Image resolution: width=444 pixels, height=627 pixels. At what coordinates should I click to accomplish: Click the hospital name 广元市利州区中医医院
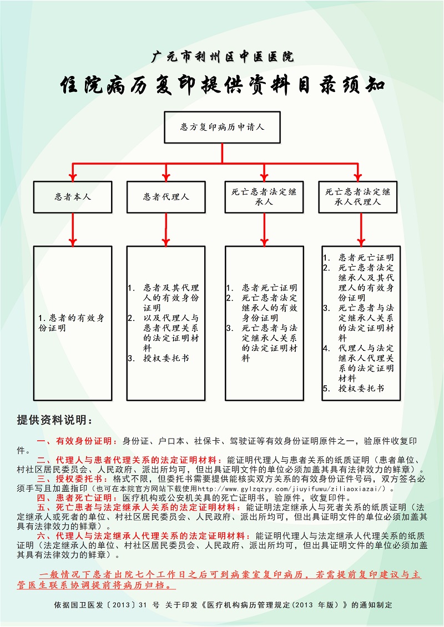click(223, 57)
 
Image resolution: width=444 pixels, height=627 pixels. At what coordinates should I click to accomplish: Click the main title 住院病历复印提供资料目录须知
click(223, 85)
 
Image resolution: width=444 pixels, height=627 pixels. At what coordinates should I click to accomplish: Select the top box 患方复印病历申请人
click(222, 127)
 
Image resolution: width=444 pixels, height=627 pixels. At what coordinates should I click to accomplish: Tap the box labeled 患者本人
click(73, 197)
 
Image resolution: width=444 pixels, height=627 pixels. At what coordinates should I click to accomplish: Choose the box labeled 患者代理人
click(166, 197)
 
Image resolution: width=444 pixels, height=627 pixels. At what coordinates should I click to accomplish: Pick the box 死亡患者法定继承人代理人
click(357, 197)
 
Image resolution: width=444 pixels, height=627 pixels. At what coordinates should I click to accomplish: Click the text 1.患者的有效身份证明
click(71, 323)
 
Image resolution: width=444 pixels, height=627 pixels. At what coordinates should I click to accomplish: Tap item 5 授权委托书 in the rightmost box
click(354, 388)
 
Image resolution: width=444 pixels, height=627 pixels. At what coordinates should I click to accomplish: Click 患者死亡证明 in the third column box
click(269, 288)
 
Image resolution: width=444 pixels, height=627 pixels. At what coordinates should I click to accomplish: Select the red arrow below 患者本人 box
click(73, 230)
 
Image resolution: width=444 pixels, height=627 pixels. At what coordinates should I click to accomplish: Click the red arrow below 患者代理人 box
click(166, 230)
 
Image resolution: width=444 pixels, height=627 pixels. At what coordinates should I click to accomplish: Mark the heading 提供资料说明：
click(55, 420)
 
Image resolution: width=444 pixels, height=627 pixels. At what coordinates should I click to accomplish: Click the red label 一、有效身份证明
click(74, 441)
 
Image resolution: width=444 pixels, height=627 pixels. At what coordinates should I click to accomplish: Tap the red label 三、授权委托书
click(70, 478)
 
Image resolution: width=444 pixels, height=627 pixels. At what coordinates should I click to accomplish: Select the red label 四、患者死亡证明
click(74, 498)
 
